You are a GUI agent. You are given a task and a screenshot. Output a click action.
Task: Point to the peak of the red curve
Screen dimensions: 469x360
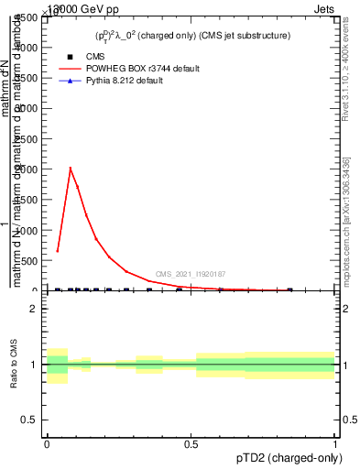pyautogui.click(x=71, y=168)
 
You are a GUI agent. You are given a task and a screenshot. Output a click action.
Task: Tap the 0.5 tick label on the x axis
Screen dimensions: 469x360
pyautogui.click(x=191, y=444)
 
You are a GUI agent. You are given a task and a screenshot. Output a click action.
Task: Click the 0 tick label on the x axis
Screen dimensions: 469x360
pyautogui.click(x=47, y=444)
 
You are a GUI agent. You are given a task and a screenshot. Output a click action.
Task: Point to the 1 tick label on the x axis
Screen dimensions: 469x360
pyautogui.click(x=335, y=444)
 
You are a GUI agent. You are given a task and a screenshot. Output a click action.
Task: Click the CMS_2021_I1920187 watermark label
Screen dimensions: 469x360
pyautogui.click(x=191, y=274)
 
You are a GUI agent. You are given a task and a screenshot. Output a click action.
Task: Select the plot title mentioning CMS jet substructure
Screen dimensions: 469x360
pyautogui.click(x=192, y=35)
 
